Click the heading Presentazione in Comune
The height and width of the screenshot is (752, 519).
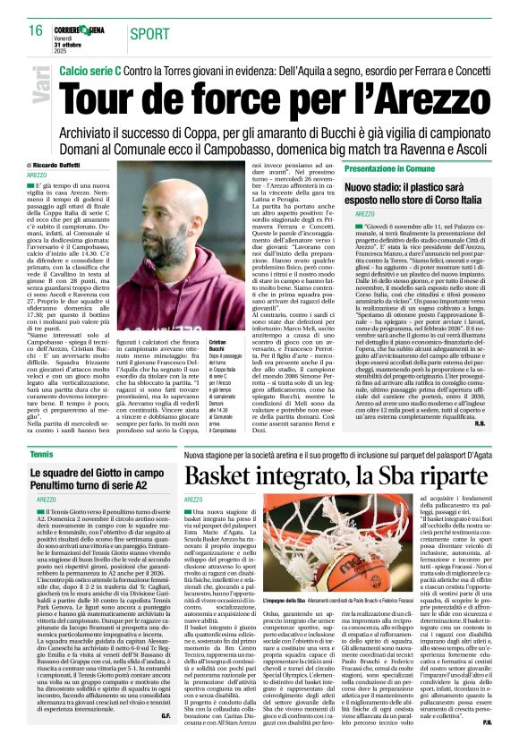[x=389, y=167]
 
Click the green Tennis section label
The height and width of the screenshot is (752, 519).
[x=40, y=456]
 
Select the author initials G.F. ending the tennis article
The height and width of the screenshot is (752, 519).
[x=166, y=740]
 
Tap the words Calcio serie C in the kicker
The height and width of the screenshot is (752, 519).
[x=93, y=68]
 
